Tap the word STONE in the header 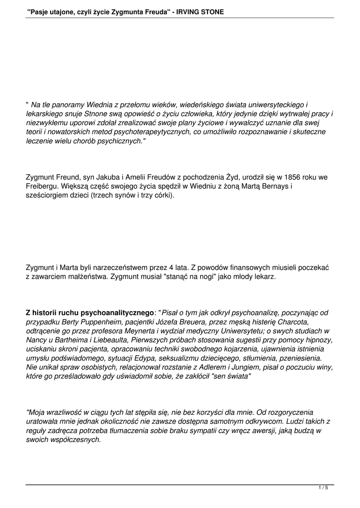(x=212, y=11)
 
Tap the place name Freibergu (x=43, y=186)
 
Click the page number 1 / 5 (x=323, y=488)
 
